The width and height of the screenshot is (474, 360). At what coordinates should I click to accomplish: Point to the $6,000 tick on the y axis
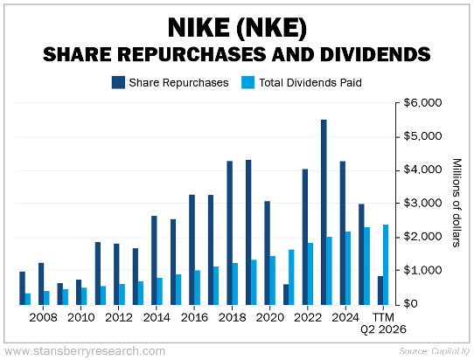click(423, 103)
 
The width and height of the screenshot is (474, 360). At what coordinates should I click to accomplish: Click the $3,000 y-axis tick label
click(423, 204)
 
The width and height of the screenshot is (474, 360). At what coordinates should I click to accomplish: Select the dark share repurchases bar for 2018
click(229, 232)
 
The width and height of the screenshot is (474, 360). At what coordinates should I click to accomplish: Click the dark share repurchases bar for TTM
click(380, 290)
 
